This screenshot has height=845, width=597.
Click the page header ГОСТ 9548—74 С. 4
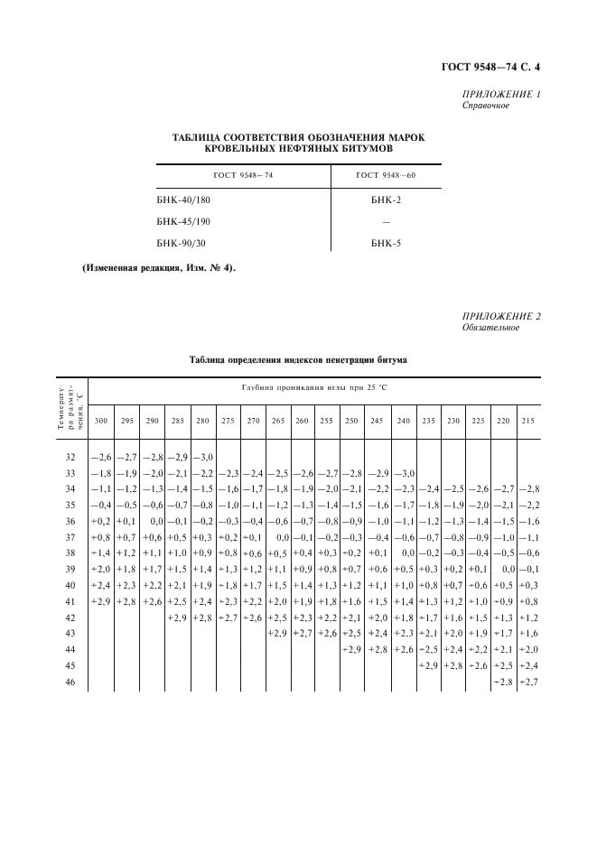click(496, 66)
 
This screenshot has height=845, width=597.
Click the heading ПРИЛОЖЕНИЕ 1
click(501, 94)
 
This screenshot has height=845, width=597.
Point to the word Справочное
click(485, 106)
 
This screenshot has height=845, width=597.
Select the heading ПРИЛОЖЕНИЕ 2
click(501, 315)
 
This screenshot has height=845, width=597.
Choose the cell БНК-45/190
click(184, 221)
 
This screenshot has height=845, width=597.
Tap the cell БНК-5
click(386, 243)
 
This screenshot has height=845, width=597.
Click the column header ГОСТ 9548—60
click(386, 175)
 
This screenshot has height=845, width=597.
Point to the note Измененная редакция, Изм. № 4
click(159, 268)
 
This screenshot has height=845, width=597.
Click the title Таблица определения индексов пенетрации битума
click(298, 359)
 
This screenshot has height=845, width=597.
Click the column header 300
click(101, 421)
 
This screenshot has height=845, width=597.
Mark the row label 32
click(70, 458)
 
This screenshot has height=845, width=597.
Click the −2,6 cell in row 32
click(100, 458)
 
